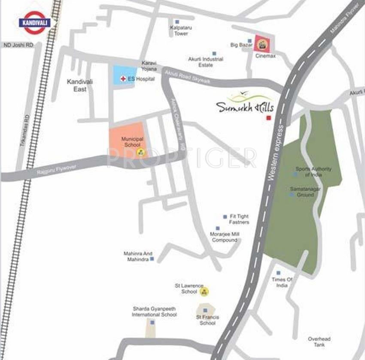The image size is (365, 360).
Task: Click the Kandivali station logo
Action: [34, 23]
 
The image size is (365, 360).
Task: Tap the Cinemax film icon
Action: [261, 43]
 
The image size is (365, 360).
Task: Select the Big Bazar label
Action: [240, 44]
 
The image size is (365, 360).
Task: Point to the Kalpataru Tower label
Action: [181, 31]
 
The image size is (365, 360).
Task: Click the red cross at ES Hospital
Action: [123, 79]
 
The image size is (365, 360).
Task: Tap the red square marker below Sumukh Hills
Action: [269, 118]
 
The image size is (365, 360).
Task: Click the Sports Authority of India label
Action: [313, 172]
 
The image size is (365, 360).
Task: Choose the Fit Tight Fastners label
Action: [239, 219]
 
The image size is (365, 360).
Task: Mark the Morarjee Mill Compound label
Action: [225, 237]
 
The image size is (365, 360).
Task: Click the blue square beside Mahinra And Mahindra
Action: [152, 259]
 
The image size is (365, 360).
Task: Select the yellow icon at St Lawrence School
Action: [205, 291]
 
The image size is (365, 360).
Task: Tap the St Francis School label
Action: [207, 320]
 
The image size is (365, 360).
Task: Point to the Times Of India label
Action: [282, 282]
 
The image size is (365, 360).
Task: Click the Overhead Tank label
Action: [319, 342]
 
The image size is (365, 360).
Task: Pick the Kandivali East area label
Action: [80, 85]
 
